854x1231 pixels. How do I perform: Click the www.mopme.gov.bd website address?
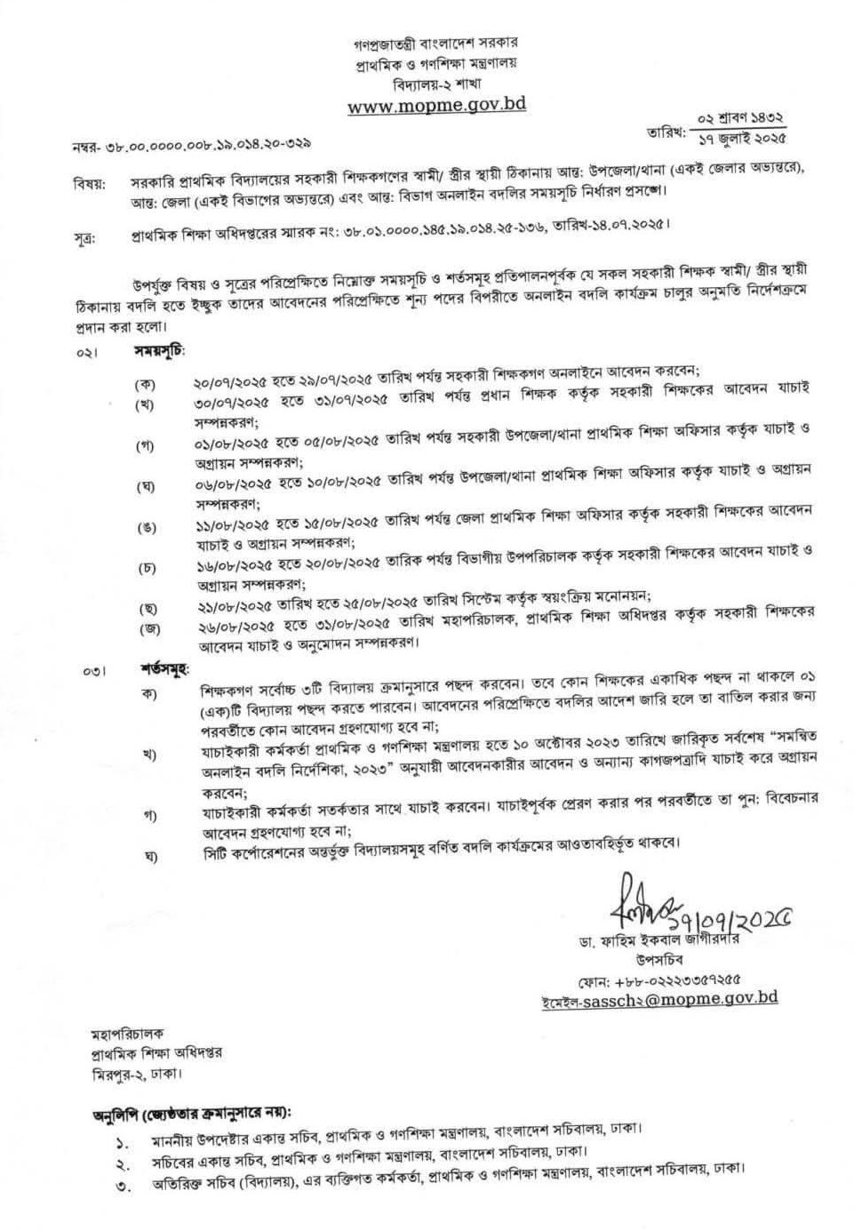tap(436, 105)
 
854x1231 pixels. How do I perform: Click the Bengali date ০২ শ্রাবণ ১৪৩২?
tap(740, 118)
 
